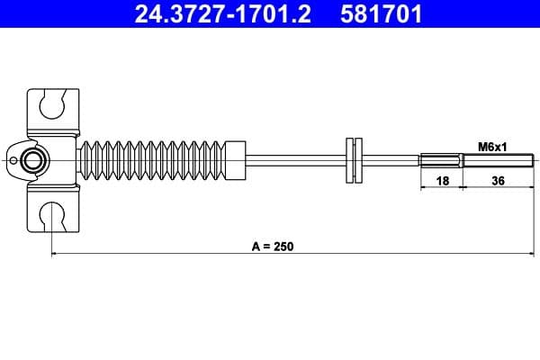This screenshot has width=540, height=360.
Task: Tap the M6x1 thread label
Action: pyautogui.click(x=490, y=146)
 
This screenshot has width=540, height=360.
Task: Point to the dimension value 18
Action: pyautogui.click(x=441, y=181)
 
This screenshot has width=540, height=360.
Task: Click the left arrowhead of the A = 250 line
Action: pyautogui.click(x=56, y=255)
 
